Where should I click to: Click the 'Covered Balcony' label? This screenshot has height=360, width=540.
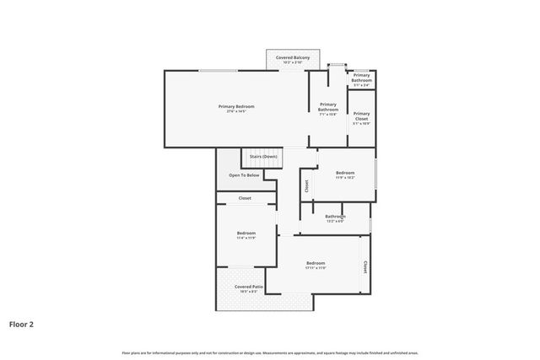(293, 57)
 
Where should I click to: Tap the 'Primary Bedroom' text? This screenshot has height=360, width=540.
(236, 106)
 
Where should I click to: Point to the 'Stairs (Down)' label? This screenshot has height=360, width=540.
(263, 157)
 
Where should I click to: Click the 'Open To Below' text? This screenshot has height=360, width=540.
(244, 175)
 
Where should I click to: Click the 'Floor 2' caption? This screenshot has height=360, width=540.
(22, 323)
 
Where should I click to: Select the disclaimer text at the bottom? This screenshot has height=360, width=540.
(270, 352)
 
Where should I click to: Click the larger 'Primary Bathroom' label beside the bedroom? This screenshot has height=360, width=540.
(328, 106)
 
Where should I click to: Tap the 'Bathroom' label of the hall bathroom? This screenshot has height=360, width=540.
(335, 217)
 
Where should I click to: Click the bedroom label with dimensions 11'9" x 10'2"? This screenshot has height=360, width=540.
(345, 174)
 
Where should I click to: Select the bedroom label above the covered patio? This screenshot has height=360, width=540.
(246, 234)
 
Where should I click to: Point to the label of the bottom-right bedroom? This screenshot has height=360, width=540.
(316, 263)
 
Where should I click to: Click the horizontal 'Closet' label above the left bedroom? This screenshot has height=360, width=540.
(245, 198)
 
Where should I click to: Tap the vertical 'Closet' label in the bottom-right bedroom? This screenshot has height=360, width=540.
(365, 266)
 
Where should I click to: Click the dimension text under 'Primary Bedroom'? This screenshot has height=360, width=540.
(236, 111)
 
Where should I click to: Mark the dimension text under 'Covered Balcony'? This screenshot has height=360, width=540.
(293, 62)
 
